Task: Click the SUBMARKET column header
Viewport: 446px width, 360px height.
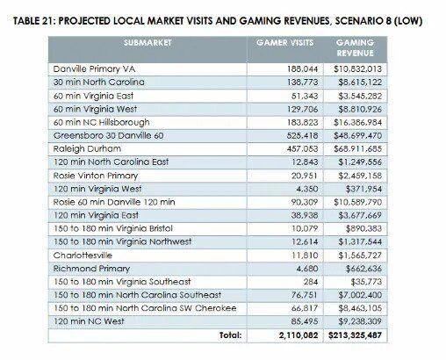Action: point(147,43)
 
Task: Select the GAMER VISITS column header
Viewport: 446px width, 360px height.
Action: point(284,43)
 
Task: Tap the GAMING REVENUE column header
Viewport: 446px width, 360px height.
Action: point(355,47)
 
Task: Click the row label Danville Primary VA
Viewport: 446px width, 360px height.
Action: point(94,69)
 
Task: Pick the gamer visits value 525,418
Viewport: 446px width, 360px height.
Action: point(302,136)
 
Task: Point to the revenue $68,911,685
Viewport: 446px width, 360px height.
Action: point(357,149)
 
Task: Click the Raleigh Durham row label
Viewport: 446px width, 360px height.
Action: point(87,149)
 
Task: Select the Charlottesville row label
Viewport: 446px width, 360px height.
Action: point(83,256)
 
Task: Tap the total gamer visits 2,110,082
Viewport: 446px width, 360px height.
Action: point(299,335)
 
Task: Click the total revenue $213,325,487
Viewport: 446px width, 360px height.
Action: point(355,335)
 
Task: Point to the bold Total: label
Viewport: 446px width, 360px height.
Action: point(231,335)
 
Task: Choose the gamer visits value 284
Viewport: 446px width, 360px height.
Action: point(311,282)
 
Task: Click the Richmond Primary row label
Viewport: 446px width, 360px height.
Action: point(91,269)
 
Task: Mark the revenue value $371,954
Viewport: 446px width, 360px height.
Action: point(363,189)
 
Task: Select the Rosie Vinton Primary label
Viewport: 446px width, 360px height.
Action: point(96,176)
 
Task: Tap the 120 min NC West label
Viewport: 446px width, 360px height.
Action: point(89,321)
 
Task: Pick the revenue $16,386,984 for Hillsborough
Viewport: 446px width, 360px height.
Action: point(357,122)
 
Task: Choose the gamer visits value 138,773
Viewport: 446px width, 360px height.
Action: point(302,83)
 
